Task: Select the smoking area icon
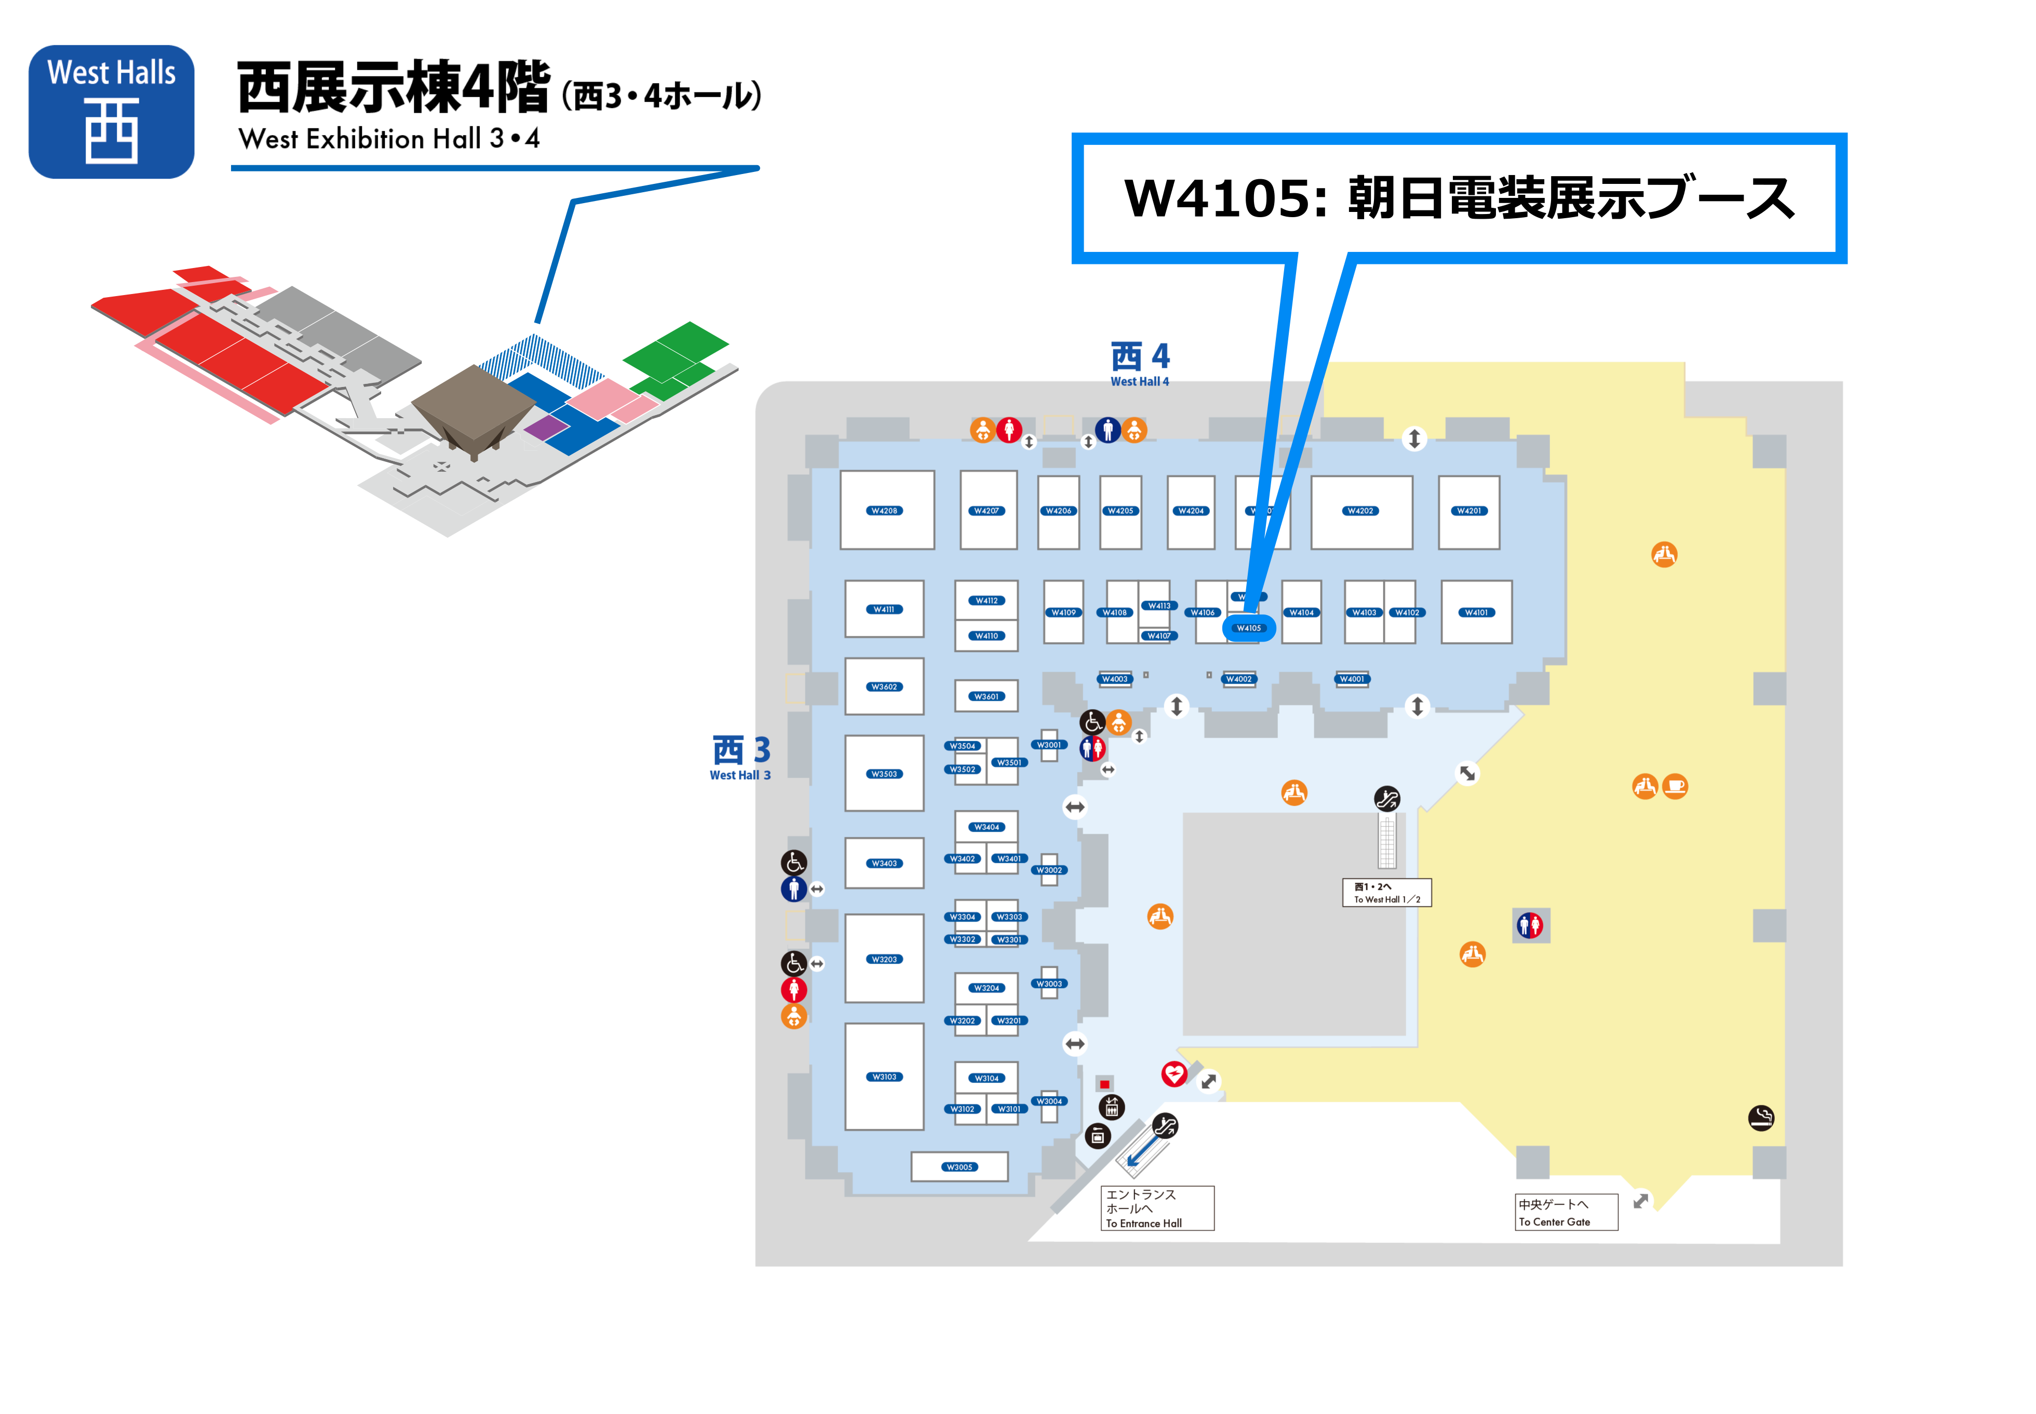tap(1761, 1118)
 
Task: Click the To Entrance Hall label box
tap(1156, 1208)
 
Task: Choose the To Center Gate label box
tap(1565, 1212)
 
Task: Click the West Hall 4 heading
tap(1140, 363)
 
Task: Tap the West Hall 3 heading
tap(740, 757)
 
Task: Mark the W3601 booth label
tap(986, 697)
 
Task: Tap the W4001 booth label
tap(1352, 679)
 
